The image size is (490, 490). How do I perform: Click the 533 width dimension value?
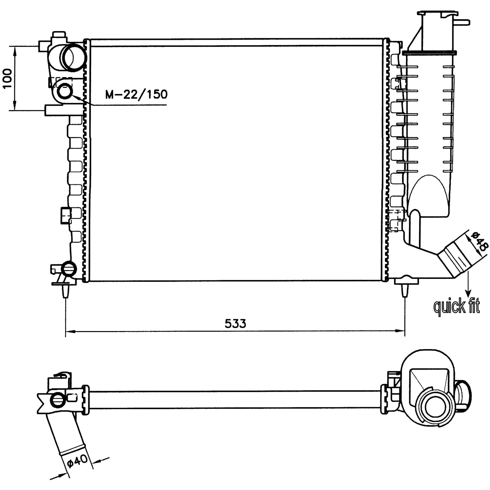(x=235, y=323)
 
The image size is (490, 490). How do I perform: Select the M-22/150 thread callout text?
(x=136, y=94)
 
